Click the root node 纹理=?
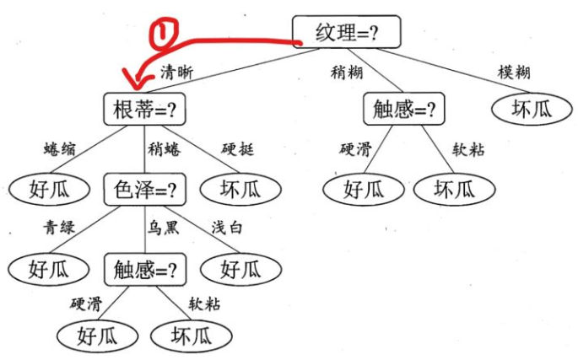pos(346,32)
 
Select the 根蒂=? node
pos(144,110)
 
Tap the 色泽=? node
pos(144,190)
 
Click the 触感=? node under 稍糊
pos(403,109)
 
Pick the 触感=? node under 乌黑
pos(144,270)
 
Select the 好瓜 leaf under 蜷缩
pos(48,190)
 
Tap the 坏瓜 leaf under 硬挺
pos(240,190)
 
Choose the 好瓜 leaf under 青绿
pos(48,270)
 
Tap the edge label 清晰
pos(176,73)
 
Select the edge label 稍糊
pos(347,72)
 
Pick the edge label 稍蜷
pos(164,150)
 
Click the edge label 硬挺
pos(238,150)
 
